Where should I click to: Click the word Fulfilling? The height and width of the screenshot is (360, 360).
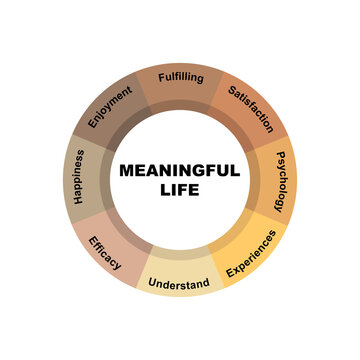179,77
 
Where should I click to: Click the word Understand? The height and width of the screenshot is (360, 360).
179,283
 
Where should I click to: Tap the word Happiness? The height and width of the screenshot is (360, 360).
77,178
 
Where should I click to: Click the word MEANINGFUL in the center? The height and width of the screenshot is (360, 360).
180,170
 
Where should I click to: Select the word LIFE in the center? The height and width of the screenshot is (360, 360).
180,189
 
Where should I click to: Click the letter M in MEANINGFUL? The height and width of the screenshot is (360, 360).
127,170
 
